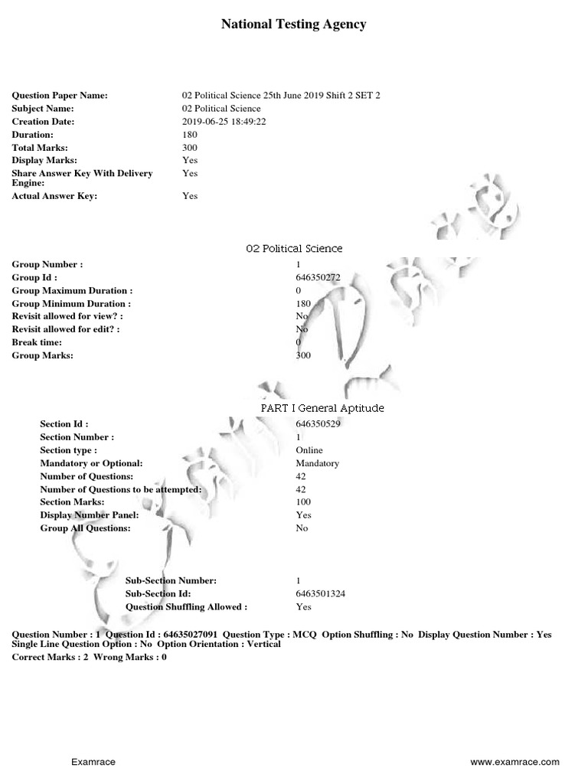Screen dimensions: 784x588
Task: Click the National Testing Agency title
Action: click(x=293, y=24)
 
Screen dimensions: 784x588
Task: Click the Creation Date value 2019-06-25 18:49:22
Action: click(x=224, y=122)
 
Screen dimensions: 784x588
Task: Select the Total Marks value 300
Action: click(x=190, y=148)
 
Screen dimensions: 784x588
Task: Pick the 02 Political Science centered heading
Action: click(x=294, y=249)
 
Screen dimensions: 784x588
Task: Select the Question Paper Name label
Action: click(x=60, y=96)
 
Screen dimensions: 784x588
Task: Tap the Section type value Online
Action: click(x=309, y=450)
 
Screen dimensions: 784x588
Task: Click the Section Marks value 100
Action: click(x=303, y=502)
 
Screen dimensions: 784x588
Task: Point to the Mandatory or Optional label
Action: click(x=91, y=463)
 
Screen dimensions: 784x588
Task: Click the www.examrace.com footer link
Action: click(x=514, y=763)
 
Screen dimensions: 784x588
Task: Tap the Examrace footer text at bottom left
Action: click(x=93, y=763)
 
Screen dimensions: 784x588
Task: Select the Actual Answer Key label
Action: click(x=54, y=196)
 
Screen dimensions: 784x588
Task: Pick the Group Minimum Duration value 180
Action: click(x=303, y=304)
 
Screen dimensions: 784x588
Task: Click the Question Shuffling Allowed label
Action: click(x=186, y=606)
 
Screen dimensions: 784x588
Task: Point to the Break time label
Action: click(x=38, y=343)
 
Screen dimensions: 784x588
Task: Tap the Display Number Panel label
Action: click(x=89, y=515)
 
